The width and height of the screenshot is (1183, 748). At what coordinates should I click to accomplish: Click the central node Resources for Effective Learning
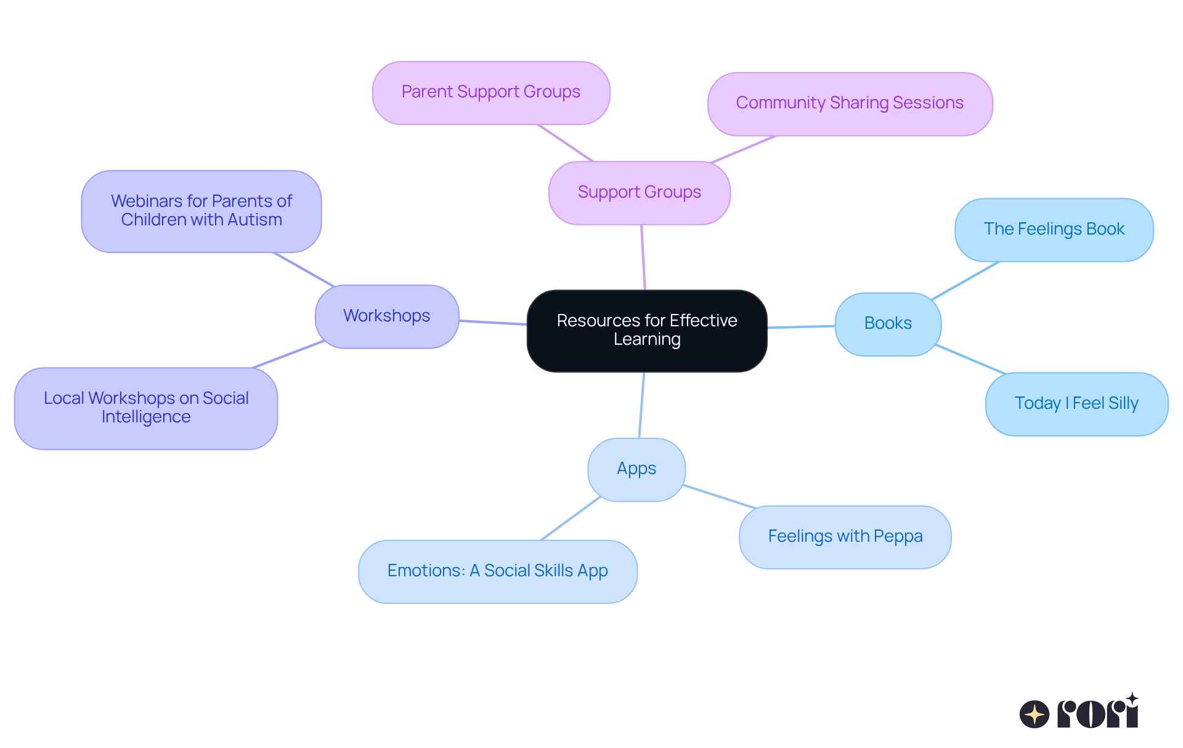click(x=647, y=331)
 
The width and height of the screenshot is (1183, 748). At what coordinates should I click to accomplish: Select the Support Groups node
click(x=640, y=193)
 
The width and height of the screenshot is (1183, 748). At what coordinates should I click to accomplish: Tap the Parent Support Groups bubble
click(x=491, y=92)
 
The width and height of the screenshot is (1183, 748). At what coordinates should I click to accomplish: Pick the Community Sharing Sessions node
click(x=850, y=103)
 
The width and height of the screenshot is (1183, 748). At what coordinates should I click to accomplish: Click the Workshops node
click(x=387, y=316)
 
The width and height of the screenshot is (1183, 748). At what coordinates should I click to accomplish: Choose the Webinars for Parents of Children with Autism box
click(x=201, y=211)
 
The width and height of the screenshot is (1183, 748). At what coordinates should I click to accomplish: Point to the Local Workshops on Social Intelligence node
click(x=146, y=408)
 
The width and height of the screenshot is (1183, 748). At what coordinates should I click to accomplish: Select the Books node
click(x=888, y=324)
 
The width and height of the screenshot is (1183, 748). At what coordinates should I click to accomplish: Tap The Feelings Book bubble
click(x=1054, y=230)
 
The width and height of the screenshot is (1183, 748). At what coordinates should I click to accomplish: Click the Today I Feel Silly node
click(x=1076, y=404)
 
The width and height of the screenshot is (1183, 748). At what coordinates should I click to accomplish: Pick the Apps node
click(x=636, y=469)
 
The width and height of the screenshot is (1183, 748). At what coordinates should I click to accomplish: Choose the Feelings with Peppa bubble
click(x=845, y=537)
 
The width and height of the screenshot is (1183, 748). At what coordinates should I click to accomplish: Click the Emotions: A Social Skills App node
click(x=497, y=571)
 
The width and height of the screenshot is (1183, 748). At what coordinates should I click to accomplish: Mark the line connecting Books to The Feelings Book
click(x=965, y=281)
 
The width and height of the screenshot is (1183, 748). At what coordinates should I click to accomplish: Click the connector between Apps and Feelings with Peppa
click(x=719, y=497)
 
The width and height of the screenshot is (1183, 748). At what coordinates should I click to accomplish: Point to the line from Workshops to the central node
click(x=493, y=322)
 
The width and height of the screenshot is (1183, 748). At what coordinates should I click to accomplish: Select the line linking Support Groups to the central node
click(x=643, y=257)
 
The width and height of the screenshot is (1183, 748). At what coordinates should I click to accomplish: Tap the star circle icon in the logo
click(x=1035, y=714)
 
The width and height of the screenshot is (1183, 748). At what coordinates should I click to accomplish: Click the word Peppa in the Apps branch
click(x=900, y=537)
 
